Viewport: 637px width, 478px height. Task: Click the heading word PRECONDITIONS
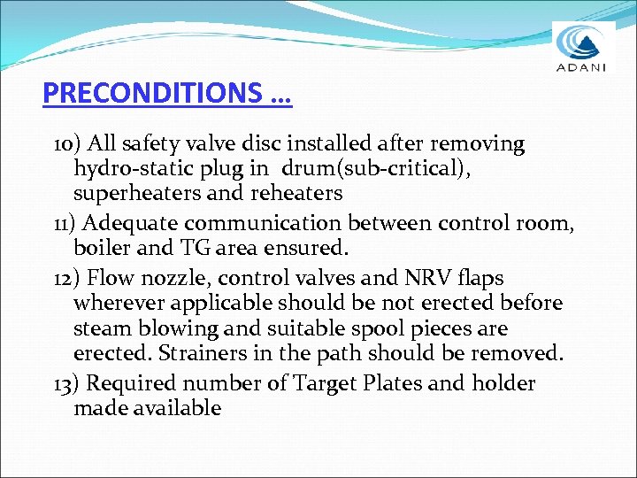pyautogui.click(x=153, y=93)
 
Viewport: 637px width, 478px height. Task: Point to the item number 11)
pyautogui.click(x=67, y=223)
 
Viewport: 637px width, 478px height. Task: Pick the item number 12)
pyautogui.click(x=68, y=277)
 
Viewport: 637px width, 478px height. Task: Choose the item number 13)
pyautogui.click(x=68, y=383)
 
